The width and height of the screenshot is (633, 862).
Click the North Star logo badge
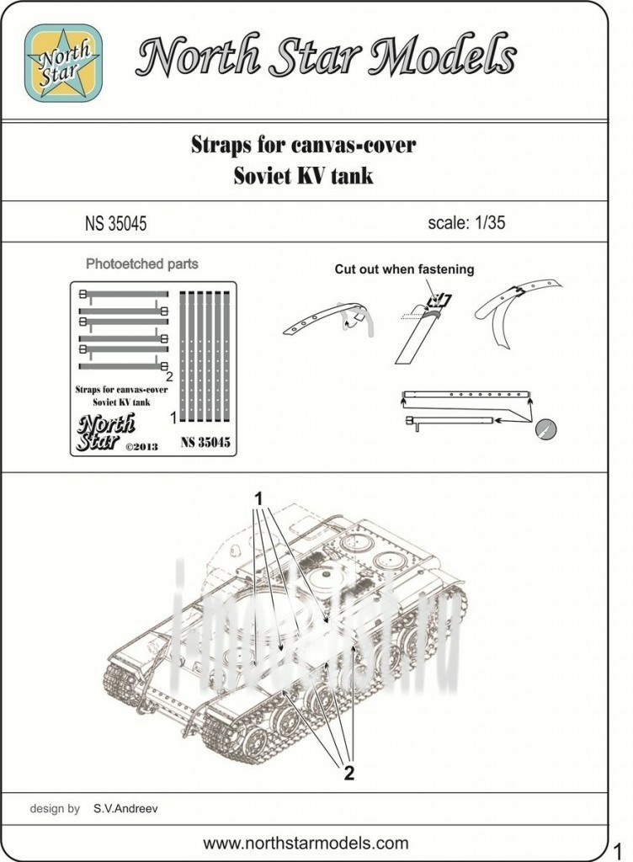coord(63,64)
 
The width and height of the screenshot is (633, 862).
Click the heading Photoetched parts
coord(142,263)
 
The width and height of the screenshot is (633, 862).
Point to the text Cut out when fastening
coord(404,269)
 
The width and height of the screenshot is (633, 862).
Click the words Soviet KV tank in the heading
coord(303,177)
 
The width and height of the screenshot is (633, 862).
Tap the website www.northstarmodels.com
coord(306,843)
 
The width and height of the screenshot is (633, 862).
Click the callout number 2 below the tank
coord(348,774)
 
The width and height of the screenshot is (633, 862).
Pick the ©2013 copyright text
coord(141,446)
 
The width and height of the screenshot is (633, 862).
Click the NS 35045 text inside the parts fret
coord(205,441)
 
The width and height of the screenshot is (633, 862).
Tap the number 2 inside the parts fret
coord(168,376)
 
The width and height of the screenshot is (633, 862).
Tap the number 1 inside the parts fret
coord(173,416)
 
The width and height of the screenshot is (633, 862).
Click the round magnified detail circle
coord(546,428)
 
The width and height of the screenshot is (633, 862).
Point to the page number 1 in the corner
coord(617,848)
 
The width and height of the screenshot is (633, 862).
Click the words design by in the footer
coord(55,809)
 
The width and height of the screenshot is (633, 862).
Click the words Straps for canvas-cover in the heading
coord(303,145)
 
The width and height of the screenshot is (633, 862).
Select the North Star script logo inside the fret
coord(105,431)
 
